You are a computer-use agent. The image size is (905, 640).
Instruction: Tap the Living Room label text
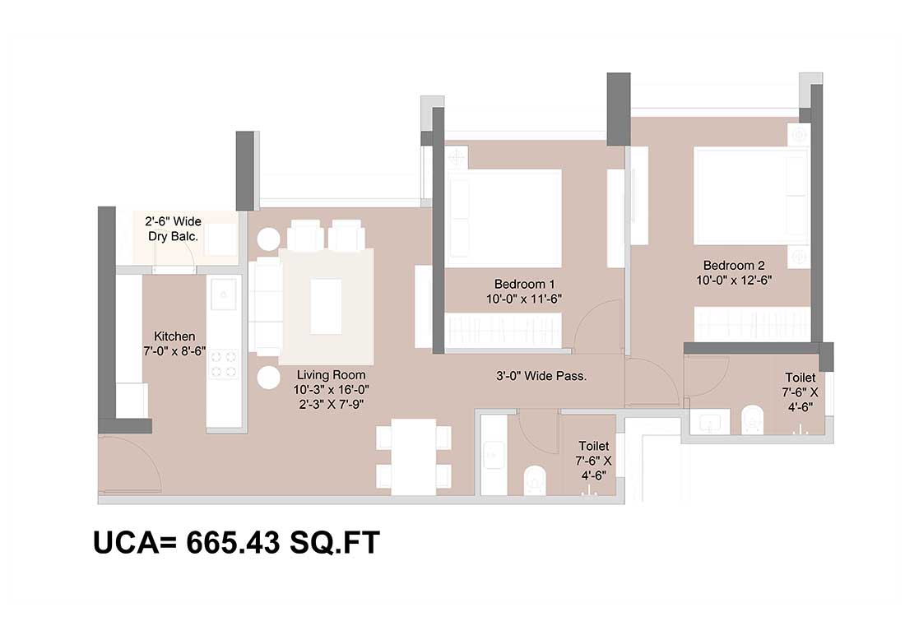tap(332, 374)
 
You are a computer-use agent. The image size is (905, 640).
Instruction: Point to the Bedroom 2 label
tap(734, 266)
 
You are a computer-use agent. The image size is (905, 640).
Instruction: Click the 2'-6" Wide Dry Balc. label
tap(173, 229)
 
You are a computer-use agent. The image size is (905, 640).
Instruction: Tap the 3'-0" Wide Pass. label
tap(541, 376)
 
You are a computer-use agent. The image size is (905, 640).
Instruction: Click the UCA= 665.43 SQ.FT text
tap(237, 542)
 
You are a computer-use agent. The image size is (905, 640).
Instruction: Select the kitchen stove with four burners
tap(223, 364)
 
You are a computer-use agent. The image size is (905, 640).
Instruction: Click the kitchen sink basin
tap(223, 294)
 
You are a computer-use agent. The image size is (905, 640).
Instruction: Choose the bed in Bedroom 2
tap(751, 197)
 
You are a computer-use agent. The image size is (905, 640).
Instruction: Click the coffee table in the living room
tap(326, 307)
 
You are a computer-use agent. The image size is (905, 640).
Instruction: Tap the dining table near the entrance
tap(413, 457)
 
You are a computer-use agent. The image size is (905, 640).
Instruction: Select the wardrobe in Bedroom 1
tap(504, 331)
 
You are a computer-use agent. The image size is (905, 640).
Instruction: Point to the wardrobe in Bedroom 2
tap(751, 324)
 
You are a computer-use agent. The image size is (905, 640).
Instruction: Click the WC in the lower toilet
tap(535, 480)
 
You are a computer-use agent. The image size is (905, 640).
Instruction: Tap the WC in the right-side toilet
tap(751, 419)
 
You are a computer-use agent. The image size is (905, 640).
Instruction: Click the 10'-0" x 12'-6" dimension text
tap(734, 281)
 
